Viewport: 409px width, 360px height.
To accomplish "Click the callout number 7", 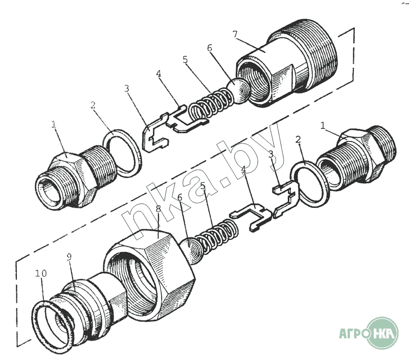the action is click(x=235, y=34).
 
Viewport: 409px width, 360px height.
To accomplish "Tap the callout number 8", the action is click(x=158, y=209).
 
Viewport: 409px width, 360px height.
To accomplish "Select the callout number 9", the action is click(x=69, y=257).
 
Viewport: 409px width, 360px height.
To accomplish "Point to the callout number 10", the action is click(x=41, y=273).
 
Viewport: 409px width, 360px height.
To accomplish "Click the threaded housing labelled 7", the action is click(x=287, y=62).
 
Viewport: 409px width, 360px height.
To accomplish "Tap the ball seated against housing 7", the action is click(x=239, y=91).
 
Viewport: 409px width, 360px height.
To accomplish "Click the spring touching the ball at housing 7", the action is click(x=211, y=103).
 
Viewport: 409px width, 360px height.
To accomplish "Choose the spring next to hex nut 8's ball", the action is click(x=217, y=236).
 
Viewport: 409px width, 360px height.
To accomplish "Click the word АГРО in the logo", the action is click(x=353, y=333).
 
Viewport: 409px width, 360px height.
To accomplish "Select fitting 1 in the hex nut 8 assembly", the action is click(x=357, y=158).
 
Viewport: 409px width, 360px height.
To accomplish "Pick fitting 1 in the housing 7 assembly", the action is click(x=76, y=177).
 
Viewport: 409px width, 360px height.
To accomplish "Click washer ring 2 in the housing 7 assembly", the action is click(x=123, y=154).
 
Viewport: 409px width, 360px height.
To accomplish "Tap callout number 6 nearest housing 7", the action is click(x=210, y=48).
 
